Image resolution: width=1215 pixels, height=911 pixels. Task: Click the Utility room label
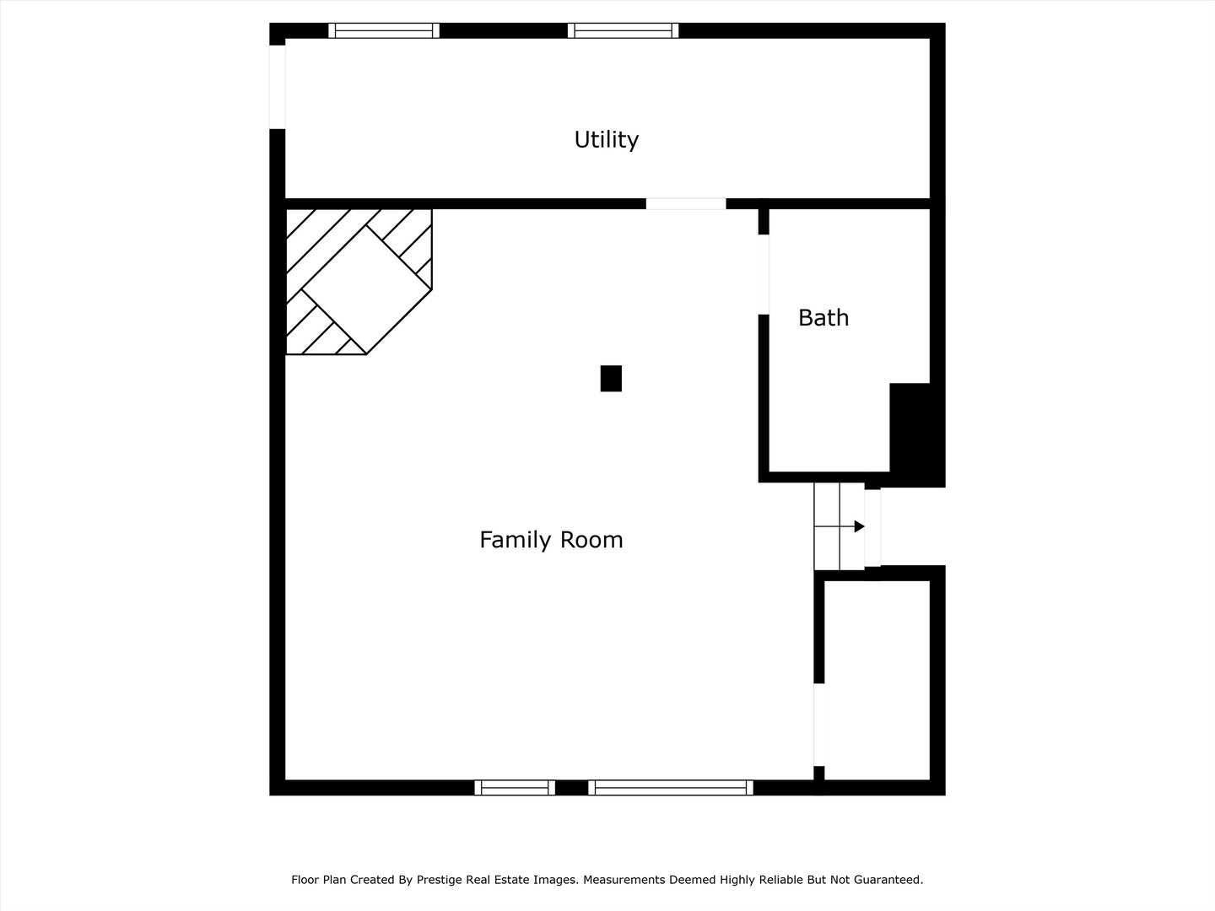tap(606, 140)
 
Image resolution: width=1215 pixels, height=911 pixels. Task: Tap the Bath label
tap(823, 317)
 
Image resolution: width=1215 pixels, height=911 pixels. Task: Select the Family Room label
tap(551, 540)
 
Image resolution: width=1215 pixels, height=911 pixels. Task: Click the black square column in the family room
tap(611, 379)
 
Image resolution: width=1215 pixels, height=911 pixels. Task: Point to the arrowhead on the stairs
tap(860, 526)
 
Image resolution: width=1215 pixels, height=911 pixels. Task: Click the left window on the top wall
tap(384, 30)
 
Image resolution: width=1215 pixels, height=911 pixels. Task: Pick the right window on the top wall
tap(623, 30)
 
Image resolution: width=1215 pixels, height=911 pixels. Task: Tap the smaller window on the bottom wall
tap(515, 788)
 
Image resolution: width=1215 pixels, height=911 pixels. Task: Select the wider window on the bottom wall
tap(671, 788)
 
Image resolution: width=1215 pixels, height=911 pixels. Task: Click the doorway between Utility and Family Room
tap(686, 203)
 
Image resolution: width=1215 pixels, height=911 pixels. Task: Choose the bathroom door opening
tap(764, 274)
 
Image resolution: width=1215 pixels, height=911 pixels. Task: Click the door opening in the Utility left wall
tap(278, 87)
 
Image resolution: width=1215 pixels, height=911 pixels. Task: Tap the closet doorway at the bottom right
tap(819, 725)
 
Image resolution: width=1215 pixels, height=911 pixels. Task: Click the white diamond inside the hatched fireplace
tap(367, 290)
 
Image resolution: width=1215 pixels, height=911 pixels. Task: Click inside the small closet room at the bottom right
tap(877, 680)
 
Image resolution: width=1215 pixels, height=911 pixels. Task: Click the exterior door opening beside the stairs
tap(873, 528)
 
